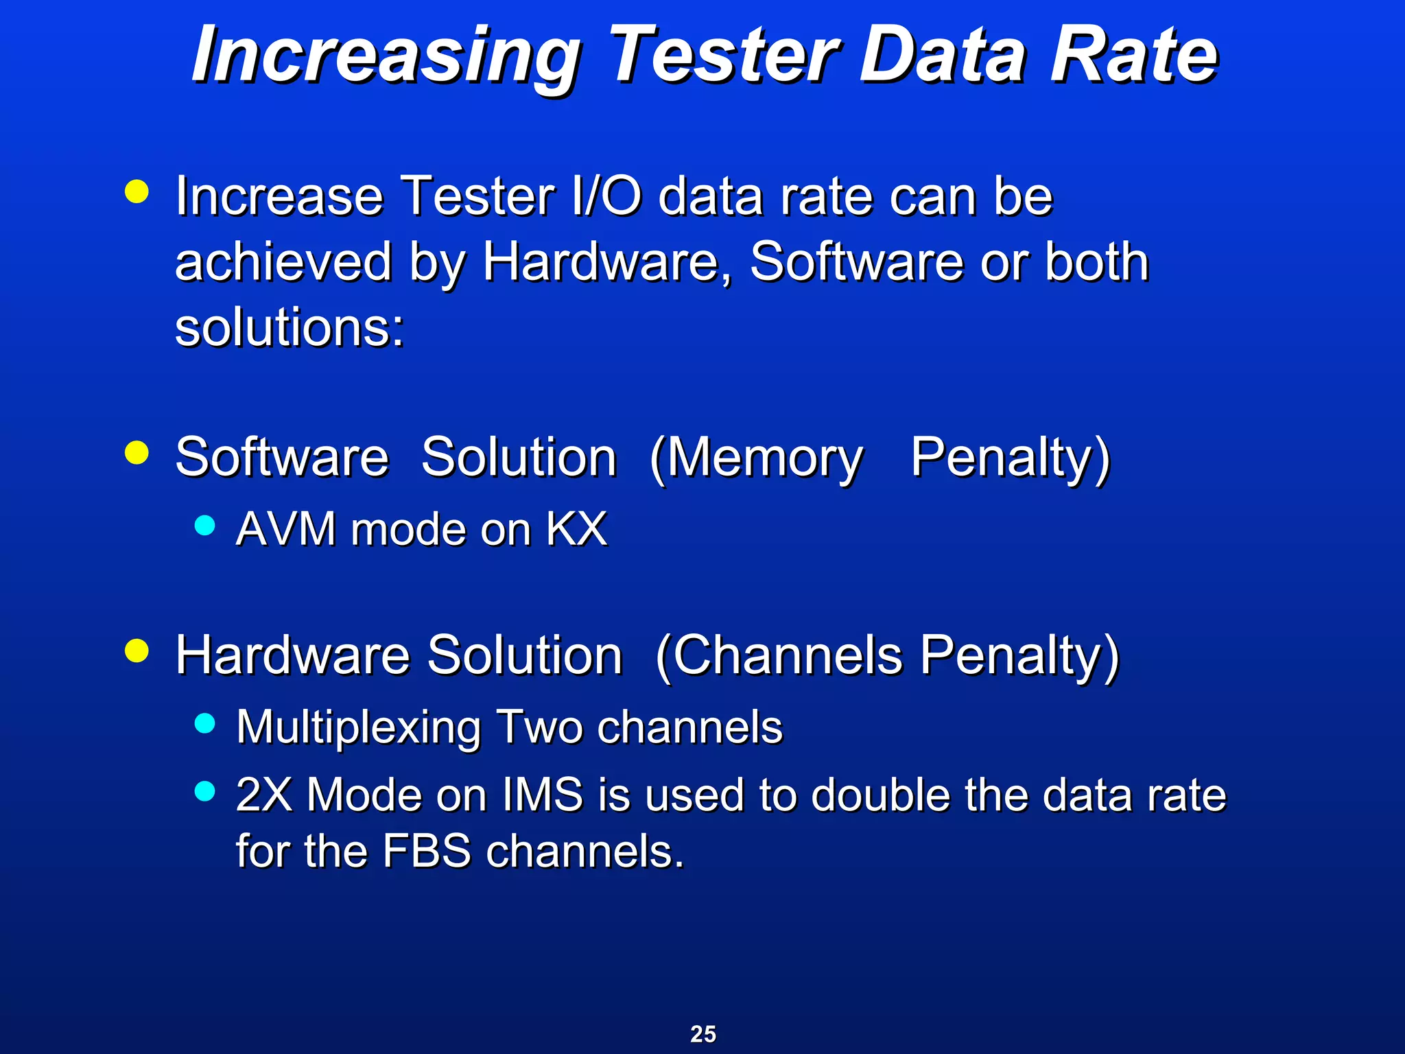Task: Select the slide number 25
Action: tap(702, 1033)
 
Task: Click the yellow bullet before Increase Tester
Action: tap(137, 192)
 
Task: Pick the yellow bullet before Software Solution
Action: tap(137, 453)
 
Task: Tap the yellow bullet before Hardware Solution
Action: tap(137, 651)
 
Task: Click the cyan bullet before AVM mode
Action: tap(204, 526)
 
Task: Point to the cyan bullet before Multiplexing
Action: tap(204, 723)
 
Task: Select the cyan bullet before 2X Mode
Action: tap(204, 791)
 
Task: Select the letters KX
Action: tap(576, 529)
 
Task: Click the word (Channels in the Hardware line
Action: tap(778, 656)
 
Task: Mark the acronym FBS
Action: tap(426, 851)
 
